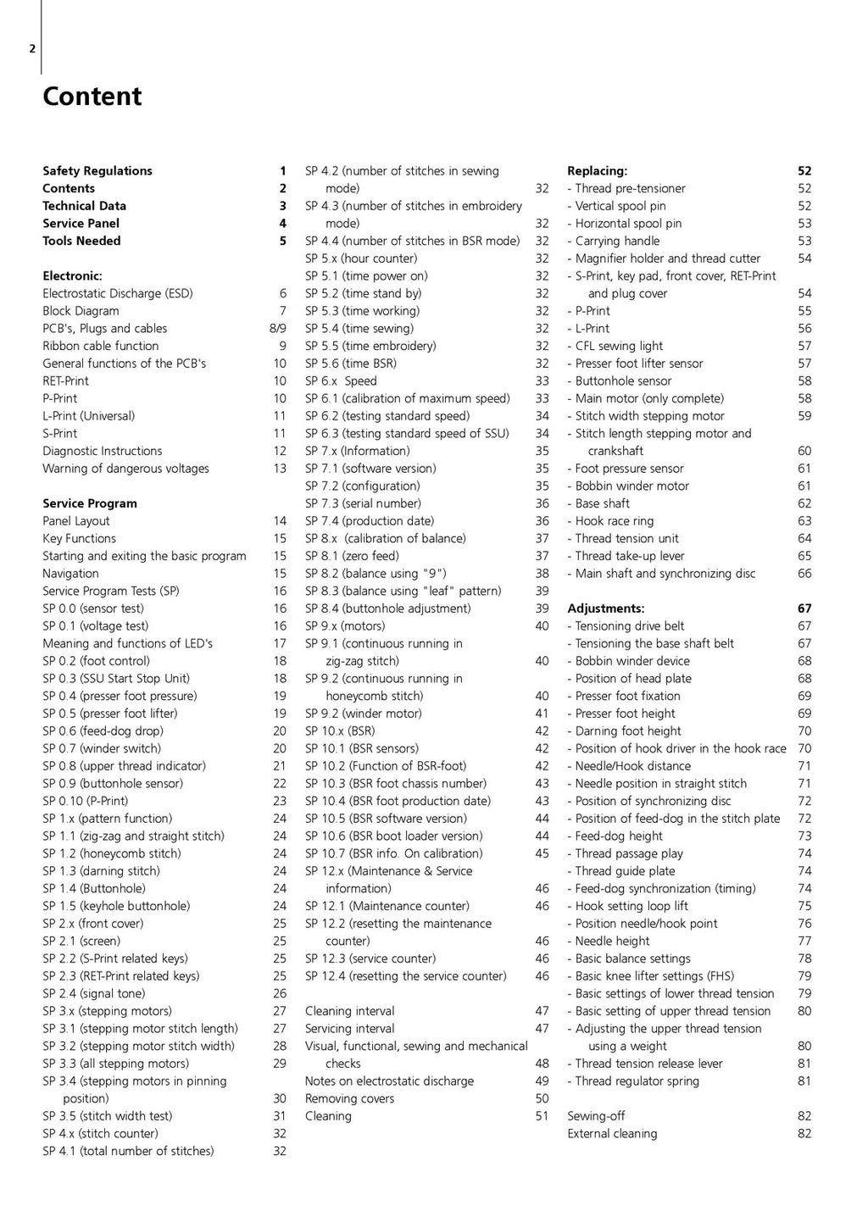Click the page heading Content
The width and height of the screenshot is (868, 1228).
92,97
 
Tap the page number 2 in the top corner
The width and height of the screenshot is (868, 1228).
32,48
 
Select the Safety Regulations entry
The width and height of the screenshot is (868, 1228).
97,171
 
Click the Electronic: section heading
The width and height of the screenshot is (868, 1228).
72,276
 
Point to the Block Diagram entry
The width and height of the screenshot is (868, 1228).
81,311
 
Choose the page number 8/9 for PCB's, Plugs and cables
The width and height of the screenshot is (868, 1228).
277,329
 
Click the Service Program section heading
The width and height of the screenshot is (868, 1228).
90,503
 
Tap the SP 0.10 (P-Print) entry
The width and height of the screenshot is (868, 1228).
86,801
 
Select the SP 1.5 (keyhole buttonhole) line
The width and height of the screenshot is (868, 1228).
116,906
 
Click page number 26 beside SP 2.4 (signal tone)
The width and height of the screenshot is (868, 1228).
280,993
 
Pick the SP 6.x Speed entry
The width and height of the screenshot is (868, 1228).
341,381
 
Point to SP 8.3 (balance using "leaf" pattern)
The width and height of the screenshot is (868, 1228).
403,591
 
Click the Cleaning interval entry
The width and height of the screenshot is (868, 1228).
349,1011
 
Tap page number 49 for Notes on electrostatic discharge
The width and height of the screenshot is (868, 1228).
542,1081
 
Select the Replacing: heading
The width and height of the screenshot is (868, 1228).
597,171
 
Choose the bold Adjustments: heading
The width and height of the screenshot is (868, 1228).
605,608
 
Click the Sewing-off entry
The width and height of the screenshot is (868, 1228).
596,1116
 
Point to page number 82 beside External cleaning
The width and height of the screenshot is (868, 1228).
804,1134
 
